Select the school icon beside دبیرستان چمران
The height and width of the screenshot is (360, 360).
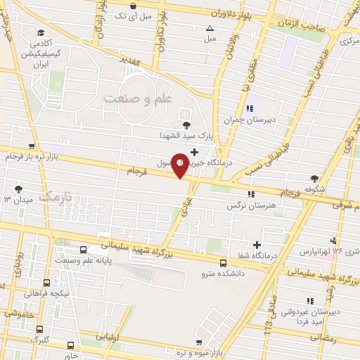click(250, 109)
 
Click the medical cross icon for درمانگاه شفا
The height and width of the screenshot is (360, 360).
click(258, 245)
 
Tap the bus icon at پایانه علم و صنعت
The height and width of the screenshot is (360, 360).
click(84, 249)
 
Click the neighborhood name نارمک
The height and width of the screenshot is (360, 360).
click(56, 198)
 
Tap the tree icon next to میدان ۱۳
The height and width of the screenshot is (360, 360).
click(19, 189)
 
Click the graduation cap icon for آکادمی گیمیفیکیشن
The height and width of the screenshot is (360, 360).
click(41, 33)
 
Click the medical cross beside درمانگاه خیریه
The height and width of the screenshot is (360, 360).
click(195, 150)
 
